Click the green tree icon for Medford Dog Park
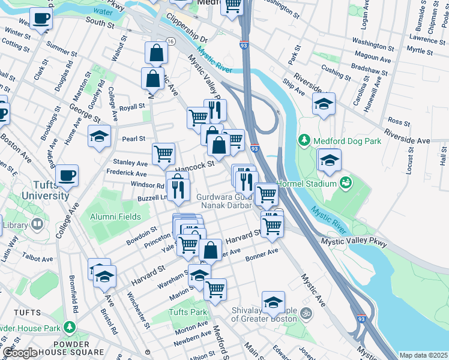[304, 141]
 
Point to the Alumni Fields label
[115, 217]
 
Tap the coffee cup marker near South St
[41, 19]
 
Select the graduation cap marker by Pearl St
[100, 136]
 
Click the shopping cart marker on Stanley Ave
[163, 154]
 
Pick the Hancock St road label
[194, 164]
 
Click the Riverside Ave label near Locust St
[407, 136]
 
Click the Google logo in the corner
[20, 353]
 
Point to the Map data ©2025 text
[423, 355]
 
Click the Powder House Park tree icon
[70, 328]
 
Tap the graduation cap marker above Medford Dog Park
[323, 104]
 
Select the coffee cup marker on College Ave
[66, 175]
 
